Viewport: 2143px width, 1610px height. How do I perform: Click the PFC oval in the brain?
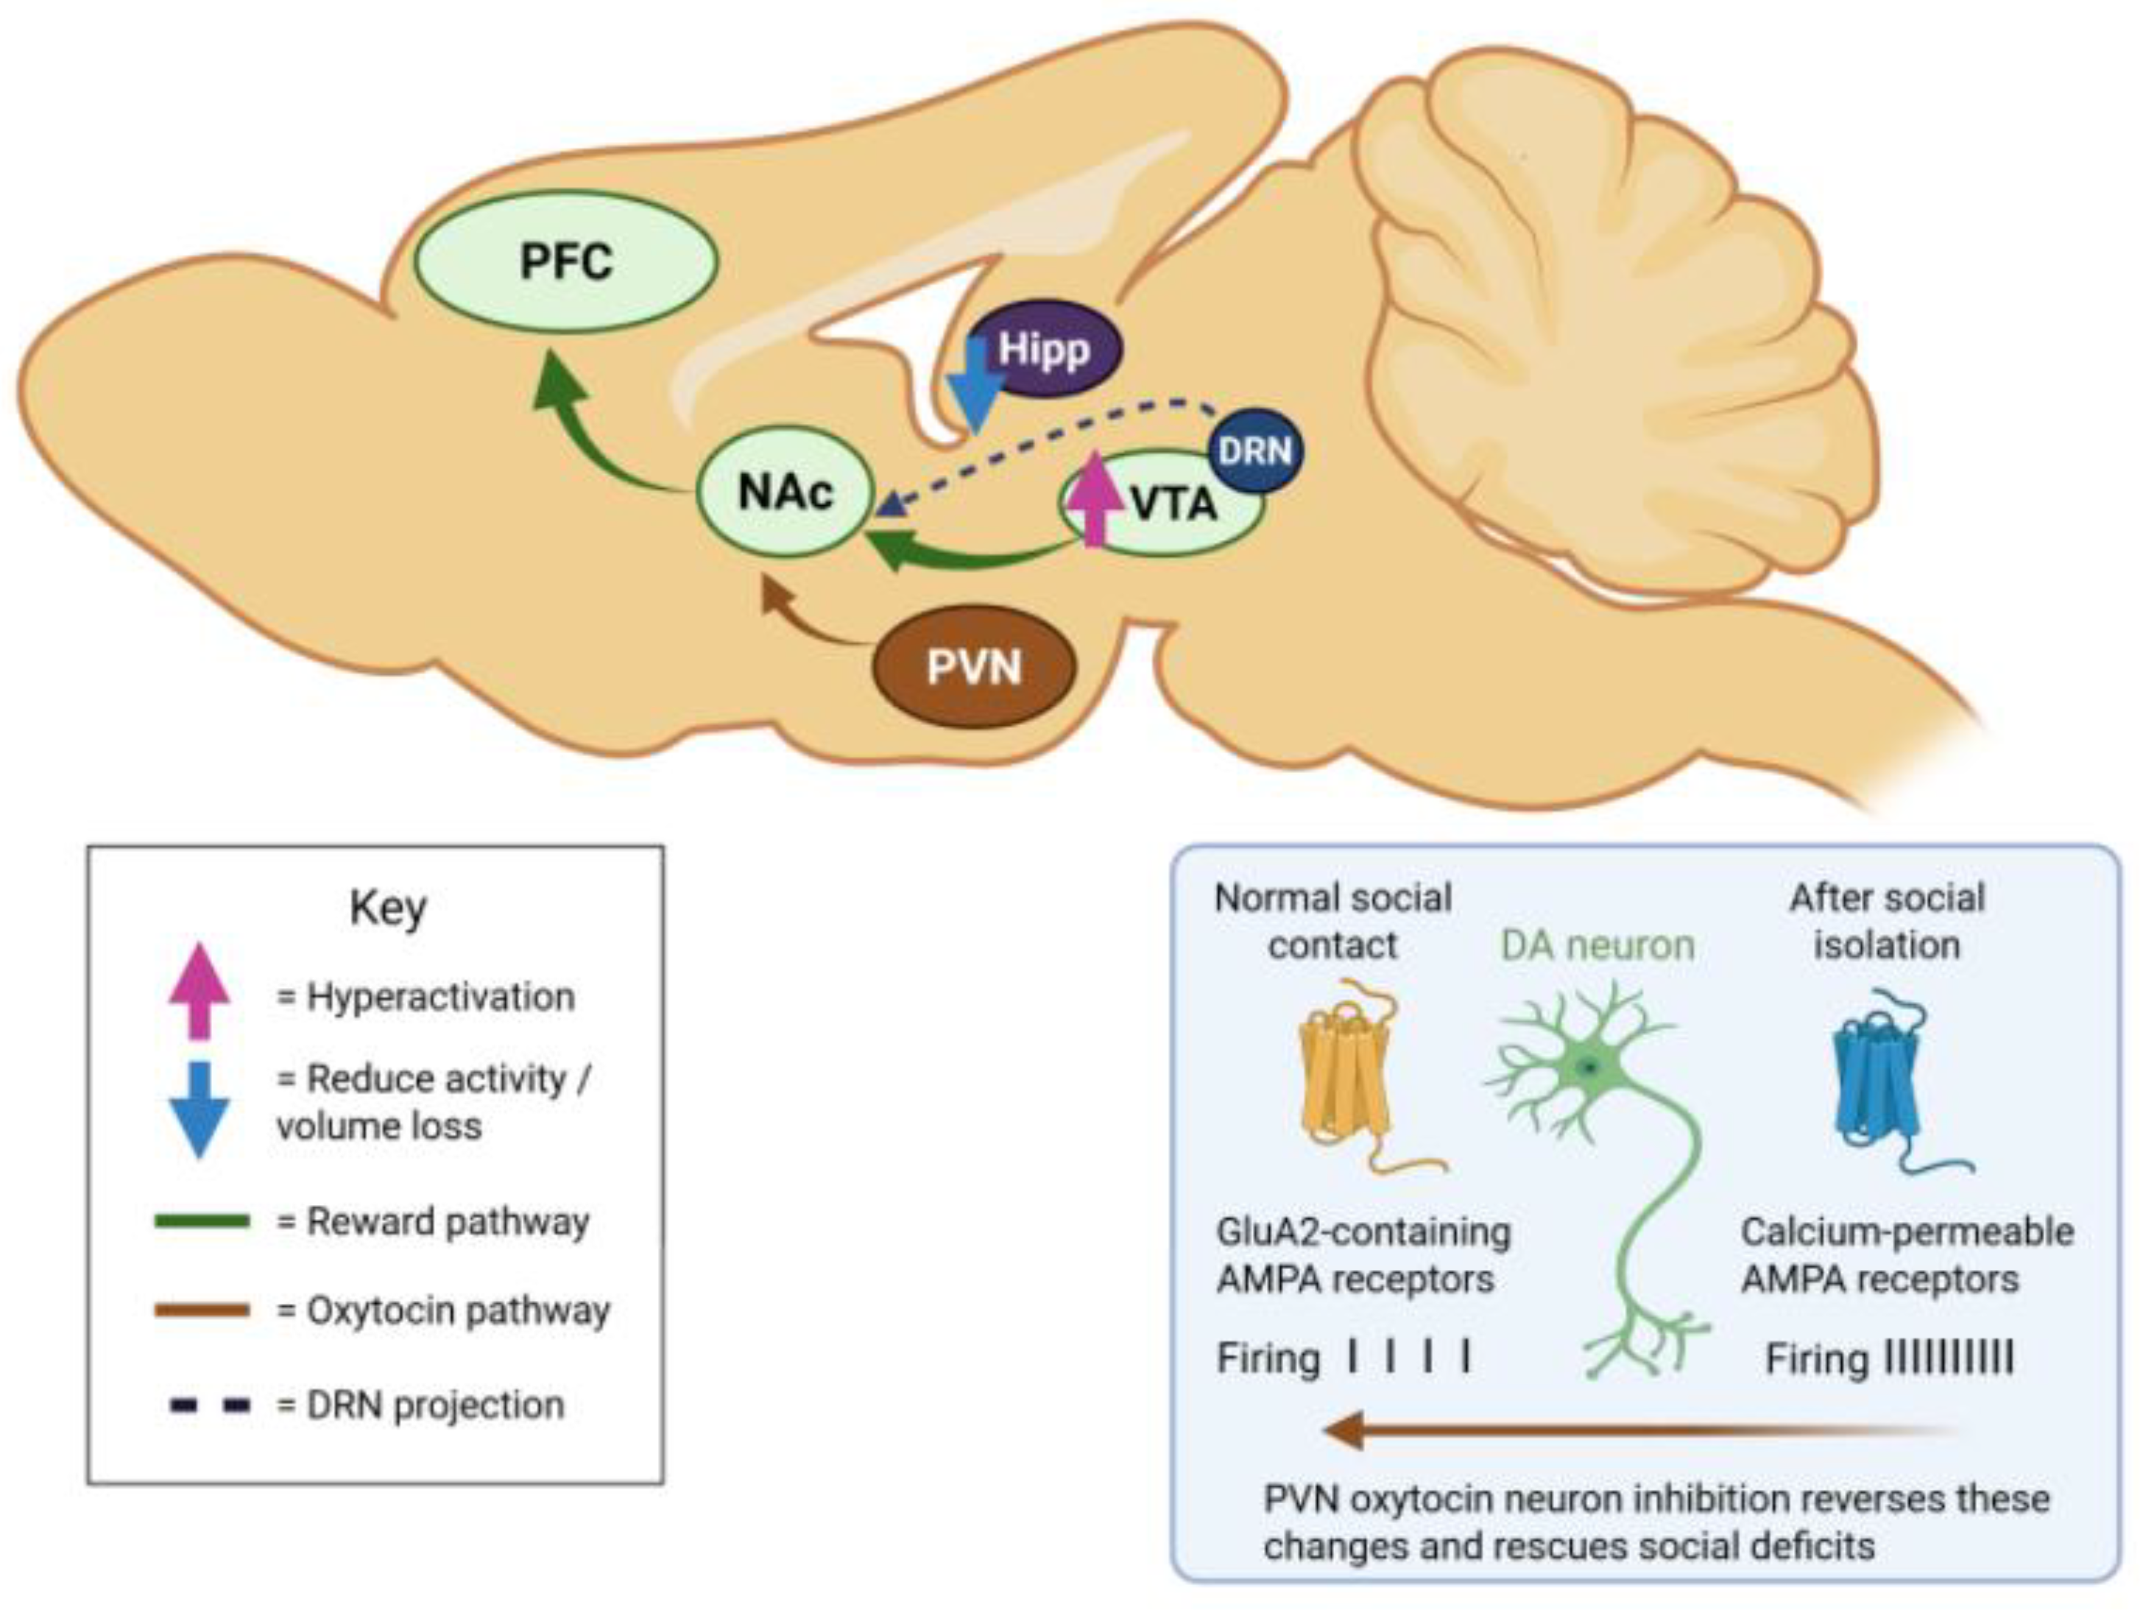[566, 261]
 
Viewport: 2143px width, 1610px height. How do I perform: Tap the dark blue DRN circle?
[1256, 451]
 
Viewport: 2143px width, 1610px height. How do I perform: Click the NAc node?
[785, 492]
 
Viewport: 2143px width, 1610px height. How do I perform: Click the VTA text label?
[1174, 504]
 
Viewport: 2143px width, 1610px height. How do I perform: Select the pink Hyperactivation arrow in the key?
[199, 990]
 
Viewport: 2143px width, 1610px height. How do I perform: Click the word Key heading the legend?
[387, 908]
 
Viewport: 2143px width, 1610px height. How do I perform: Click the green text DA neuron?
[1597, 945]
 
